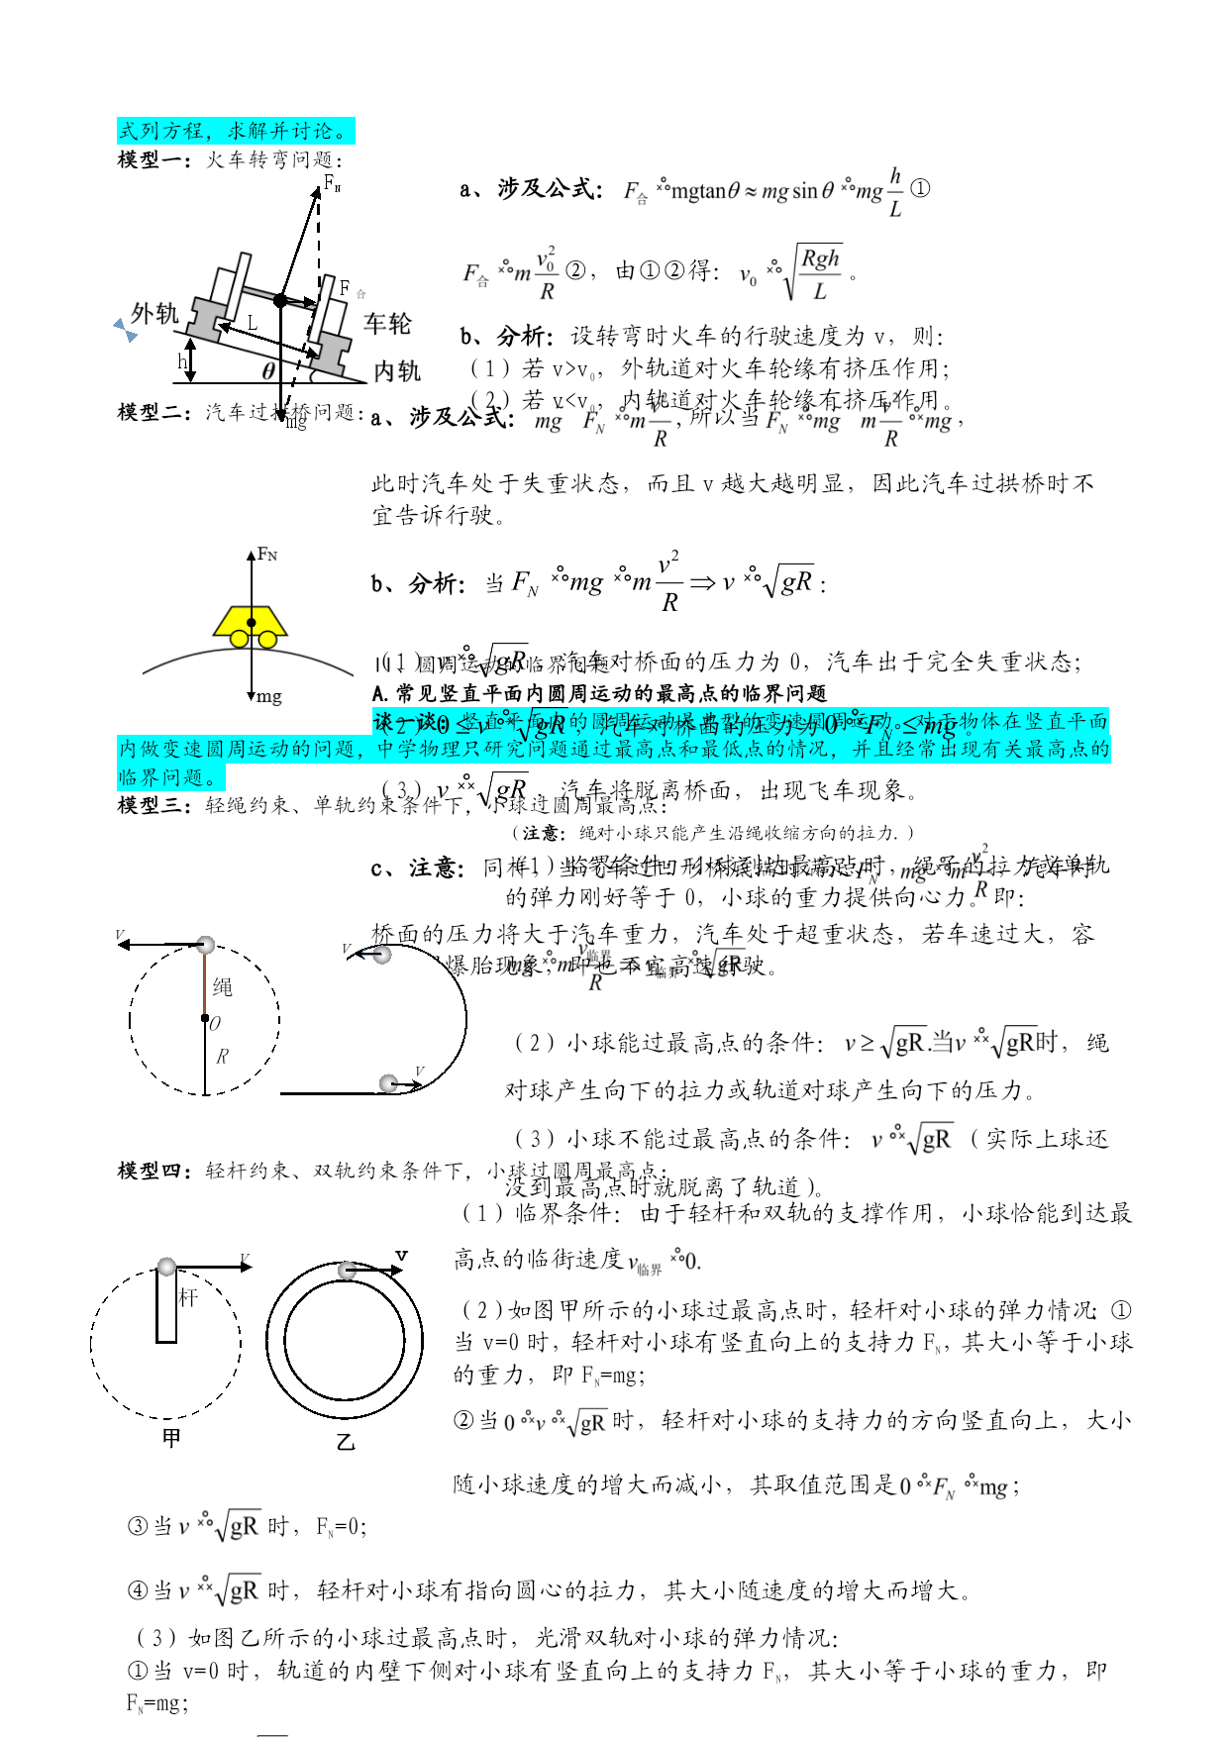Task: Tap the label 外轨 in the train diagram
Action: pos(155,314)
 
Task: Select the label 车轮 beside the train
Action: pos(387,323)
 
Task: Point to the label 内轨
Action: pos(397,371)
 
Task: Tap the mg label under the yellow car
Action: pos(267,697)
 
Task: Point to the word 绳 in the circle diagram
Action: pos(223,987)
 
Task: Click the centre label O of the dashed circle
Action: pos(215,1024)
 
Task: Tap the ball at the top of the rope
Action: pos(205,945)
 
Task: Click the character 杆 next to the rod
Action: pos(188,1297)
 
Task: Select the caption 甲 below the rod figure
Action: pos(171,1438)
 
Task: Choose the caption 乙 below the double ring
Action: pos(346,1442)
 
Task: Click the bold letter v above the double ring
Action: pos(401,1255)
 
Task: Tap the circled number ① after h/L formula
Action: pos(920,187)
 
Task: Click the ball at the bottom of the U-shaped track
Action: pos(389,1083)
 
